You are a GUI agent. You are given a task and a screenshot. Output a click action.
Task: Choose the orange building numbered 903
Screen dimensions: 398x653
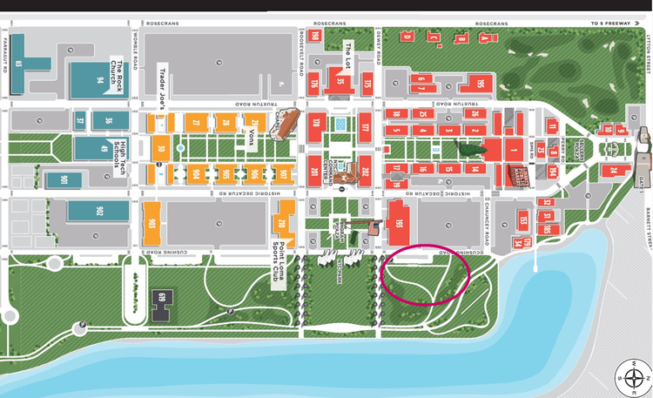click(x=153, y=222)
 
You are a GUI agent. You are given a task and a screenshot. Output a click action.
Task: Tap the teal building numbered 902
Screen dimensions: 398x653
click(x=98, y=211)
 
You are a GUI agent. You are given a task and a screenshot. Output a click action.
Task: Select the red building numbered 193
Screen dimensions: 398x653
click(x=399, y=223)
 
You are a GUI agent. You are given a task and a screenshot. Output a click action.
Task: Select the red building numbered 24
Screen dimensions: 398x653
click(x=613, y=171)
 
